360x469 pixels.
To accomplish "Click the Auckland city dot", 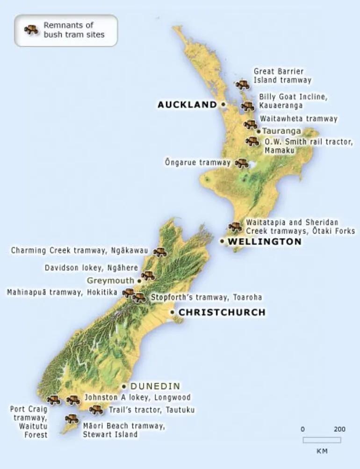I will pyautogui.click(x=223, y=104).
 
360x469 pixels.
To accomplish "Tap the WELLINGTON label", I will pyautogui.click(x=265, y=242).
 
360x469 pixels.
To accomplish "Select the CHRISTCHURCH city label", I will pyautogui.click(x=222, y=312).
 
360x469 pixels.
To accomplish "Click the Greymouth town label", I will pyautogui.click(x=111, y=281).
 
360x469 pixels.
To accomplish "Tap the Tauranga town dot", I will pyautogui.click(x=259, y=132).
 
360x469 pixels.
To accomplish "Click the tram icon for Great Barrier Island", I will pyautogui.click(x=242, y=85).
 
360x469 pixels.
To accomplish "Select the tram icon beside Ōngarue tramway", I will pyautogui.click(x=241, y=163).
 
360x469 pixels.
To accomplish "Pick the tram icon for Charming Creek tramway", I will pyautogui.click(x=160, y=252).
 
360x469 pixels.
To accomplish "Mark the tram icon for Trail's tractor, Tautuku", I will pyautogui.click(x=96, y=410).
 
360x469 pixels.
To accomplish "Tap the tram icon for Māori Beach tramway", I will pyautogui.click(x=72, y=419).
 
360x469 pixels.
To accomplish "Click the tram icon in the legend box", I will pyautogui.click(x=32, y=30).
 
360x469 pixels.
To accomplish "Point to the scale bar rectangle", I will pyautogui.click(x=322, y=440).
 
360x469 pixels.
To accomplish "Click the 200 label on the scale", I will pyautogui.click(x=339, y=429).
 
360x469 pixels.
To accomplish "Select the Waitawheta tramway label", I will pyautogui.click(x=298, y=119).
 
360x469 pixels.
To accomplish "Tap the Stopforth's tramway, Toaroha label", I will pyautogui.click(x=206, y=297).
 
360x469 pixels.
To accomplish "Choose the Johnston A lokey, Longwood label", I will pyautogui.click(x=137, y=398).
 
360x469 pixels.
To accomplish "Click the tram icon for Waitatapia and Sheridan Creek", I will pyautogui.click(x=235, y=227).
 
